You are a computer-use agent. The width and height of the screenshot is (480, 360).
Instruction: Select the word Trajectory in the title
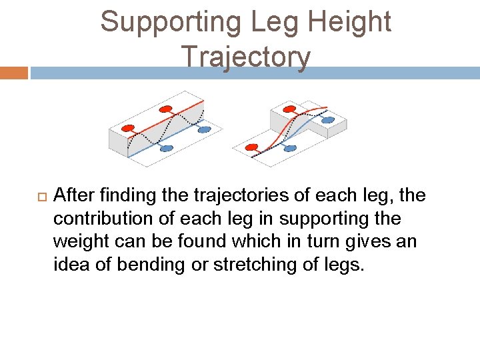245,57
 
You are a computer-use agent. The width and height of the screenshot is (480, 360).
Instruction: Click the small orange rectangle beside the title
13,73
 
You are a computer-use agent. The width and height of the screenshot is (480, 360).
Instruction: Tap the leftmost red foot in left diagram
128,128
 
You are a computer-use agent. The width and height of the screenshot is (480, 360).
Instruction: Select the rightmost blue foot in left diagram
204,129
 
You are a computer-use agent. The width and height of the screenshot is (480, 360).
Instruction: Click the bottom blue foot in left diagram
166,148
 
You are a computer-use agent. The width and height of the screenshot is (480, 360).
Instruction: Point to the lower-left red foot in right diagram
251,147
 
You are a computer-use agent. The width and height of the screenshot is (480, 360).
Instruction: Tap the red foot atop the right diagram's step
290,109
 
